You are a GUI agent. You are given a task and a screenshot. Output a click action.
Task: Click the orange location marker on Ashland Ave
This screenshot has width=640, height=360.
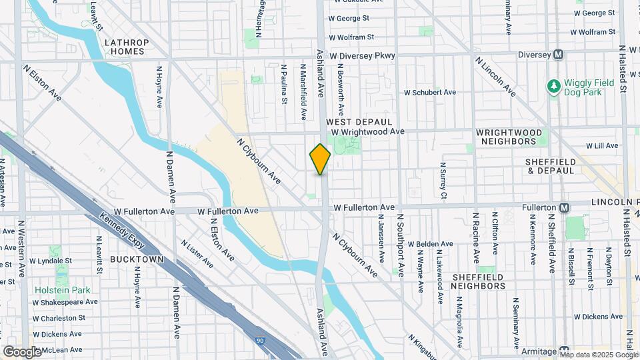pyautogui.click(x=320, y=159)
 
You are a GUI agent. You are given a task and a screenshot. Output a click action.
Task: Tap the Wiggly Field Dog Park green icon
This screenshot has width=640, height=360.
pyautogui.click(x=553, y=86)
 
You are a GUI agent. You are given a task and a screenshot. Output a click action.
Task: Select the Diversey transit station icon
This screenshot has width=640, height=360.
pyautogui.click(x=559, y=55)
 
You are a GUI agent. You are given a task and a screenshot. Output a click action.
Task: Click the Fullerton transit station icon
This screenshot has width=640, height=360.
pyautogui.click(x=565, y=207)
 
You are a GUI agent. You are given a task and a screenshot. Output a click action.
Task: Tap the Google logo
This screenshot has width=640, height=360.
pyautogui.click(x=22, y=351)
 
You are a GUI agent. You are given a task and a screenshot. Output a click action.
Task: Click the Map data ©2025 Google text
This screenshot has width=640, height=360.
pyautogui.click(x=598, y=355)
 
